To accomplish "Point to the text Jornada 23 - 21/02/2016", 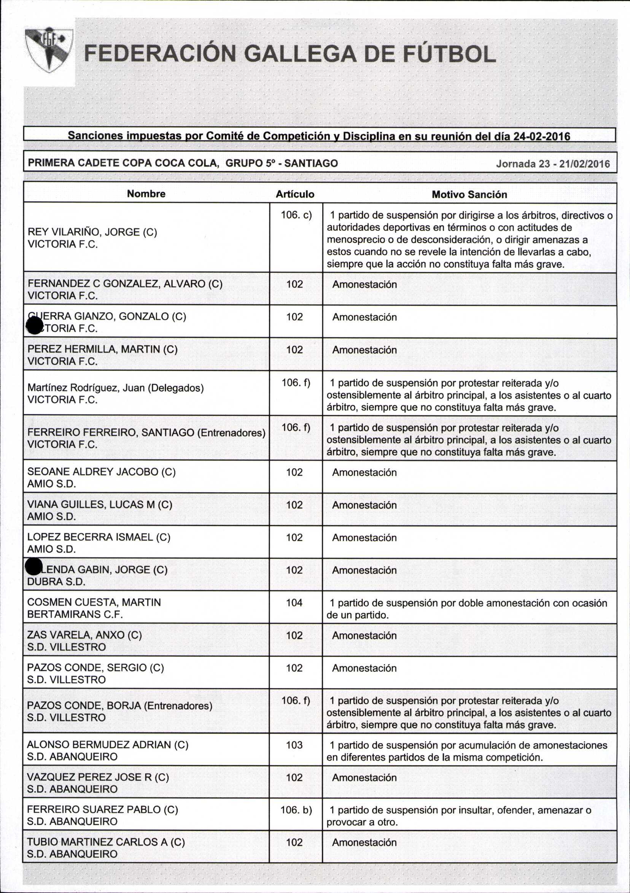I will pos(553,164).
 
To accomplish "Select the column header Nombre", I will pos(146,194).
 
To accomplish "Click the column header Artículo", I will pos(295,194).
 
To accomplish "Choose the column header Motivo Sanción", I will pos(469,194).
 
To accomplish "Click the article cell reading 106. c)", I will pos(296,215).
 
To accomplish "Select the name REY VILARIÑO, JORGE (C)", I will pos(92,232).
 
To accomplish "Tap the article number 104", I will pos(294,603).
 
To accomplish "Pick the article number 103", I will pos(294,745).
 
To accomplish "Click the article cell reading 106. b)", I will pos(296,810).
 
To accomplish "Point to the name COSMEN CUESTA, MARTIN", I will pos(94,602).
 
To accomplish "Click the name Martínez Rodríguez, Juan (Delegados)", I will pos(116,388).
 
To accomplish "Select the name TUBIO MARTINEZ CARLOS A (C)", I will pos(106,842).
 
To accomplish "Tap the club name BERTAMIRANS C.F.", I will pos(75,615).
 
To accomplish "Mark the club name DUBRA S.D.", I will pos(56,582).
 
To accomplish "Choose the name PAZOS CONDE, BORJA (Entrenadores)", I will pos(119,706).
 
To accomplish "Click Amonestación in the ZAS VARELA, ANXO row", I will pos(364,636).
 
